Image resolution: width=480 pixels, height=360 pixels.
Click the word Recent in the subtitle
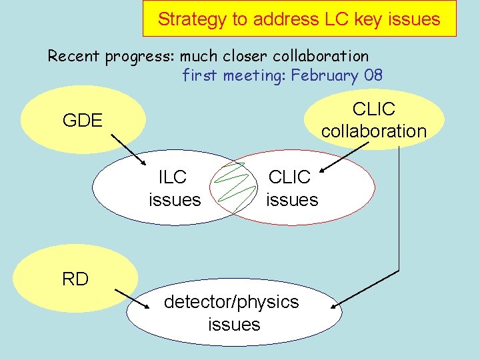[73, 56]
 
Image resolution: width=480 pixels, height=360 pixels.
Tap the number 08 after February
[373, 75]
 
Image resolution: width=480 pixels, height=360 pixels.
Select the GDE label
[82, 121]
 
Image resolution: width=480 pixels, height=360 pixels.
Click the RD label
[75, 279]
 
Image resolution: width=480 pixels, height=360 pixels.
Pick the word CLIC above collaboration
[373, 109]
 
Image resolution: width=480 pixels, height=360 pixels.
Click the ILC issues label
[174, 188]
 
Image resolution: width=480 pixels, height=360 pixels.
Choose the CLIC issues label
[291, 188]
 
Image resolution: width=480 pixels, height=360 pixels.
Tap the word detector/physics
[231, 302]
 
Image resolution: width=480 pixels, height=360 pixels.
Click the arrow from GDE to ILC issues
[129, 151]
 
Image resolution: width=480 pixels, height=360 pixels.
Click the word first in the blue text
[200, 75]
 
